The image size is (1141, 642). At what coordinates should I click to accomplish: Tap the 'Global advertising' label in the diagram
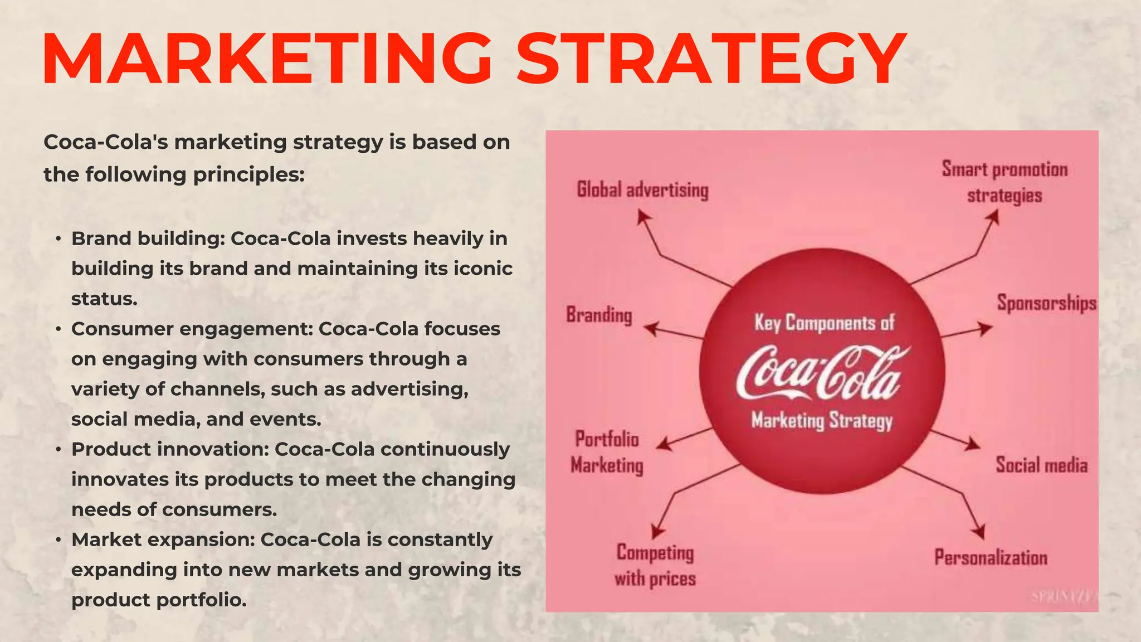[x=642, y=190]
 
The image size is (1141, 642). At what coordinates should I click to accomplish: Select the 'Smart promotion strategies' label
[x=1005, y=182]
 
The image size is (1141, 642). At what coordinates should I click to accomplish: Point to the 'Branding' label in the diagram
[x=599, y=315]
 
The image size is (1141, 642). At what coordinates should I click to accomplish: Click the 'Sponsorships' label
[x=1046, y=303]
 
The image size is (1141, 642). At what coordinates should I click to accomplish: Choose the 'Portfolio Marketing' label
[x=607, y=452]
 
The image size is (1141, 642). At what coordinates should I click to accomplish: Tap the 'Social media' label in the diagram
[x=1041, y=465]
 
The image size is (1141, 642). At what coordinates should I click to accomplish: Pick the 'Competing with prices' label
[x=655, y=565]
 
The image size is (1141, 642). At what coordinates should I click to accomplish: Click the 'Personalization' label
[x=991, y=557]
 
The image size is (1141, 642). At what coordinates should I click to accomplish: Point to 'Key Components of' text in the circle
[x=824, y=323]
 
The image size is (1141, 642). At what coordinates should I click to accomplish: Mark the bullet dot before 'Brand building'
[x=58, y=239]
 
